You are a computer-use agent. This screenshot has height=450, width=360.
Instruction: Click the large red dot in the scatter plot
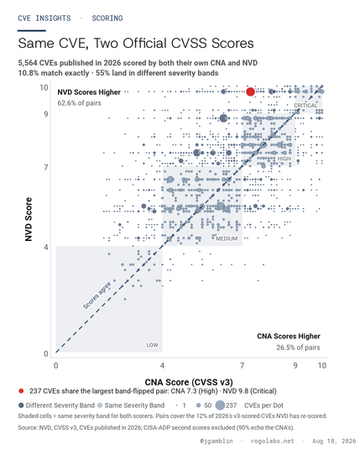[x=250, y=92]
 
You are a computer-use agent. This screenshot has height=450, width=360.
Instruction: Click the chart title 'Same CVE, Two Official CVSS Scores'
[x=136, y=44]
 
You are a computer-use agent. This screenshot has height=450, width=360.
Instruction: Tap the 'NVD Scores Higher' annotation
[x=89, y=92]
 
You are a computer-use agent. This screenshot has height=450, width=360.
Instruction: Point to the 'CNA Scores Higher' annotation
[x=289, y=337]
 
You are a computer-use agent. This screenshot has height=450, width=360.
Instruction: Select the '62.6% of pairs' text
[x=80, y=103]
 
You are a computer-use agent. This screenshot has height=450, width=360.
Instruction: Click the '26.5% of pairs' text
[x=298, y=348]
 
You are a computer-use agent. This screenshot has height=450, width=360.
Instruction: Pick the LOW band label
[x=152, y=345]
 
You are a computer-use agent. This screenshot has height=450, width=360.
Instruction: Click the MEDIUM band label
[x=227, y=238]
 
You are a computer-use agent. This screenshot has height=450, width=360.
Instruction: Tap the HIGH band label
[x=284, y=159]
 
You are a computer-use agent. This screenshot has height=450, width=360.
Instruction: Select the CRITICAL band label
[x=305, y=106]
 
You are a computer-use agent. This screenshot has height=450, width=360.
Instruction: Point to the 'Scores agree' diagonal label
[x=97, y=296]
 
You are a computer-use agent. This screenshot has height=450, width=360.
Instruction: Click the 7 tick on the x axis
[x=243, y=366]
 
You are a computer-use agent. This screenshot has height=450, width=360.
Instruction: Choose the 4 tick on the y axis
[x=46, y=247]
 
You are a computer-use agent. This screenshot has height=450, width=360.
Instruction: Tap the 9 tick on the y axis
[x=46, y=114]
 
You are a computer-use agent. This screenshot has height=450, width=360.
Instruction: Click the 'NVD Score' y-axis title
[x=29, y=219]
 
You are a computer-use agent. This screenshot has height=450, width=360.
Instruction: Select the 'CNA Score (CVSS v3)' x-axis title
[x=189, y=382]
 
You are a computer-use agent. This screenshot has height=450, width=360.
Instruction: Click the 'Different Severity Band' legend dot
[x=21, y=406]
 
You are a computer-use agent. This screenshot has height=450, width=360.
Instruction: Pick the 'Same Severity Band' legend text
[x=134, y=406]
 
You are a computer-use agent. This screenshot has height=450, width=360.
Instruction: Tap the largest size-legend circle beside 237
[x=220, y=406]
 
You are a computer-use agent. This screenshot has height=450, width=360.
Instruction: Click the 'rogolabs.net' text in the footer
[x=272, y=441]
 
